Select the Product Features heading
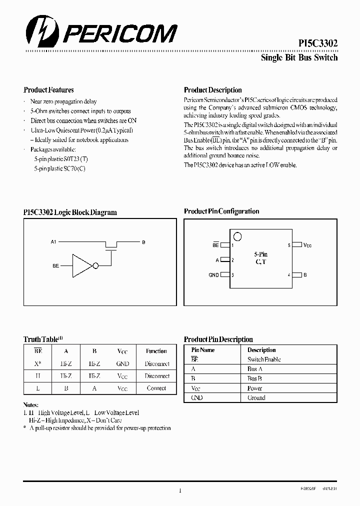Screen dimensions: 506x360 [x=48, y=90]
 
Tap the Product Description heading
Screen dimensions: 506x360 [x=212, y=90]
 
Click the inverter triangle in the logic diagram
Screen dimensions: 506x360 [x=82, y=265]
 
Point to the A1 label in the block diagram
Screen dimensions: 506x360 [x=54, y=242]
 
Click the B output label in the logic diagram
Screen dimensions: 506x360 [x=143, y=242]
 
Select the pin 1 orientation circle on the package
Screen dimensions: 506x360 [x=238, y=236]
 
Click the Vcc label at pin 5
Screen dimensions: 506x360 [x=307, y=245]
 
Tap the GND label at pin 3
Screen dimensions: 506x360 [x=213, y=275]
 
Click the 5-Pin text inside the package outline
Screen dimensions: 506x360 [x=260, y=254]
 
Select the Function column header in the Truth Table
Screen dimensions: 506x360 [x=156, y=351]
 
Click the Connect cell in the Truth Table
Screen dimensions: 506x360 [x=156, y=388]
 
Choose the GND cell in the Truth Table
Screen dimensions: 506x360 [x=122, y=364]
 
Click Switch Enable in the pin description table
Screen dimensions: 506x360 [x=264, y=359]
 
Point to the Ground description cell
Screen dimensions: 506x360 [x=256, y=398]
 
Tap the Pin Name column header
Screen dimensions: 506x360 [x=203, y=350]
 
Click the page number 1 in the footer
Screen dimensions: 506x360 [x=179, y=491]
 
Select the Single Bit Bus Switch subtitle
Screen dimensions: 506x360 [x=299, y=57]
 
